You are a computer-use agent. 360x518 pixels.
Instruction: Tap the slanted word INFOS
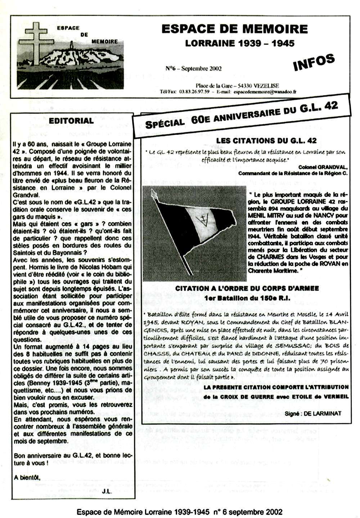point(314,62)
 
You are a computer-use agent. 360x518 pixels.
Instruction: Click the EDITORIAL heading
point(71,121)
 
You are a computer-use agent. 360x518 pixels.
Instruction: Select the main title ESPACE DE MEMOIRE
point(234,29)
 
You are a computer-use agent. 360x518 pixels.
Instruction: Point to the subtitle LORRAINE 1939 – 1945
point(240,44)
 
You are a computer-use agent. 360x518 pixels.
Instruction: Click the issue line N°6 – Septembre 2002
point(193,68)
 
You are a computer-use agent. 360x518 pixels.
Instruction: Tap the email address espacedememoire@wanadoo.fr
point(265,92)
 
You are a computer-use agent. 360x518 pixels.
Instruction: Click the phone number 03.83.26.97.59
point(194,92)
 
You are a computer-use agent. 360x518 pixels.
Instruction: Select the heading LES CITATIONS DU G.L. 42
point(266,141)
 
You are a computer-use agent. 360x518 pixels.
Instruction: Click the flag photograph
point(194,234)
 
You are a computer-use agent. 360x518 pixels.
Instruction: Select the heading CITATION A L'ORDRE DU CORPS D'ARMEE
point(247,289)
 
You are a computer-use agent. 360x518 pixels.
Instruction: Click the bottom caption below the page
point(179,512)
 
